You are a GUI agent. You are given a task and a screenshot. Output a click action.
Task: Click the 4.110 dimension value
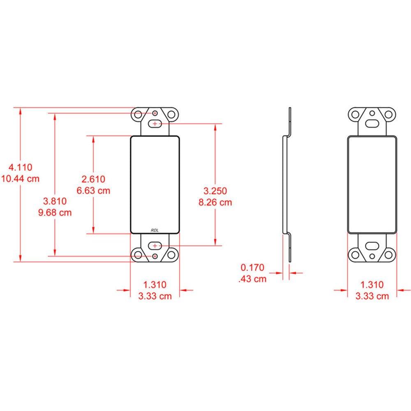[21, 167]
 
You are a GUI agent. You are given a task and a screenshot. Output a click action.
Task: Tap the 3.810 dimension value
[55, 201]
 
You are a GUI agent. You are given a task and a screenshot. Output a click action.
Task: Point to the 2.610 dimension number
[93, 179]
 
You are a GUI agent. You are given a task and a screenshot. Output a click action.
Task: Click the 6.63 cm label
[93, 191]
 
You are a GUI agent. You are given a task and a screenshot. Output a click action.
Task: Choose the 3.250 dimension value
[215, 191]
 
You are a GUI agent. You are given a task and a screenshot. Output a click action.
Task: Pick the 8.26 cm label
[215, 202]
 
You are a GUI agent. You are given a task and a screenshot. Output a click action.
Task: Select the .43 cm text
[252, 279]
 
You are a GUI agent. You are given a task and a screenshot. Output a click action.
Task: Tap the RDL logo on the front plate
[155, 231]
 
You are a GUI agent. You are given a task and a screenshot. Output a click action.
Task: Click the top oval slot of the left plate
[155, 123]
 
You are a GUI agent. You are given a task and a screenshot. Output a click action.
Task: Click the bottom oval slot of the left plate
[155, 246]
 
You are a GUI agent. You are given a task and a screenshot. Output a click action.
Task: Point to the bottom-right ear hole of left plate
[172, 255]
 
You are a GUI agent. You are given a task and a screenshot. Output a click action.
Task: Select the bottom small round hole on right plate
[372, 256]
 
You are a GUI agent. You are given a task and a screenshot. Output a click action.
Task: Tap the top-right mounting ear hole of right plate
[389, 114]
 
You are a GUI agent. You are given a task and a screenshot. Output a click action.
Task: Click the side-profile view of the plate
[287, 185]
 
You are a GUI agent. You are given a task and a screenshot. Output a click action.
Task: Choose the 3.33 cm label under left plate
[155, 296]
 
